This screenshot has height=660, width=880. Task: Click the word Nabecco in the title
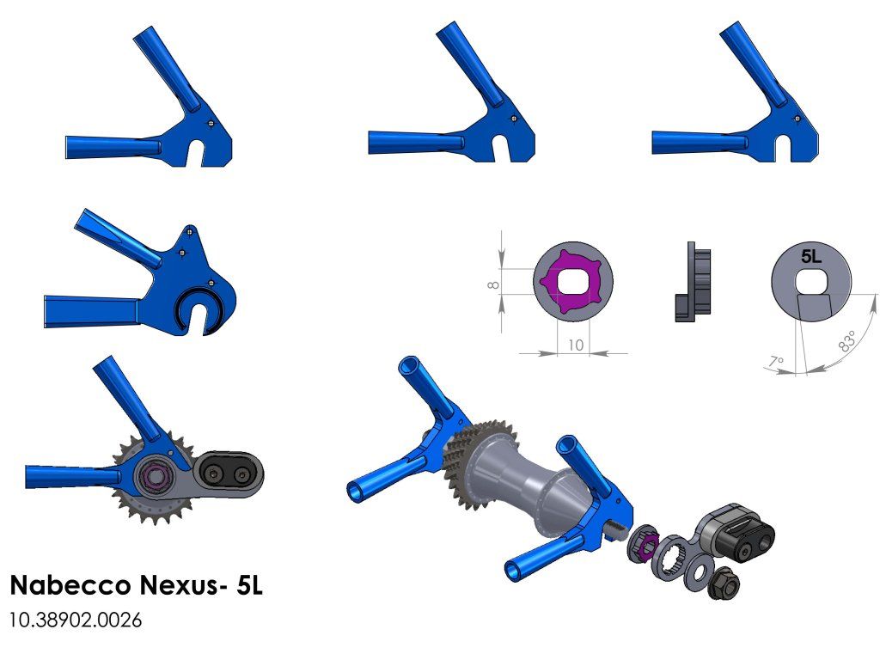tap(70, 584)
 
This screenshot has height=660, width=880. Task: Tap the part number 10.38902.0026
tap(76, 620)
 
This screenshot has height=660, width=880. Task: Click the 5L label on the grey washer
tap(811, 256)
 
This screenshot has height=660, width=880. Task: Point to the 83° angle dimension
tap(847, 340)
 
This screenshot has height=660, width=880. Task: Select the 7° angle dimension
tap(776, 362)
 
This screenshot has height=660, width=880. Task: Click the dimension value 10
tap(576, 345)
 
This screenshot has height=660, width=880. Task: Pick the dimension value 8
tap(493, 285)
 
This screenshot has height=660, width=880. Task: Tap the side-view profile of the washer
tap(694, 282)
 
